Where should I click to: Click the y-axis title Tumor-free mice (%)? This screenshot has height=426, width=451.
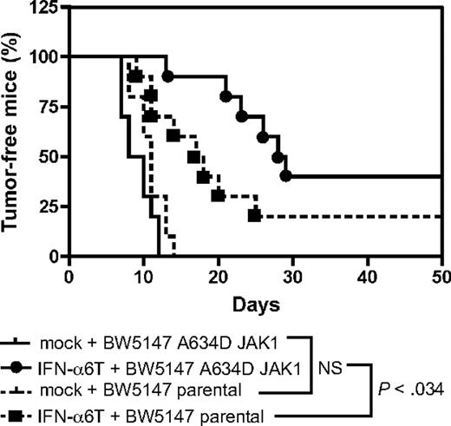point(15,130)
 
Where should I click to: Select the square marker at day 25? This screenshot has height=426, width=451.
point(255,215)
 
